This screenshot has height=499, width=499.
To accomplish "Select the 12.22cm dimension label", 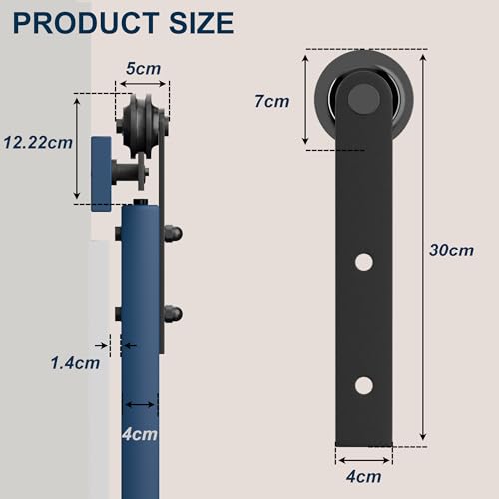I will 37,141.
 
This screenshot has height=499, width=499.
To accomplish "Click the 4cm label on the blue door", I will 141,434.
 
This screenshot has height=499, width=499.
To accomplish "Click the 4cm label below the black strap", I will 363,477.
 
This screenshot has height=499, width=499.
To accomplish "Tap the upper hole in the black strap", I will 363,263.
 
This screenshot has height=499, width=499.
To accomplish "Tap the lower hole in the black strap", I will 363,385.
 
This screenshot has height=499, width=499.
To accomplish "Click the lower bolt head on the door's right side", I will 175,312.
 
